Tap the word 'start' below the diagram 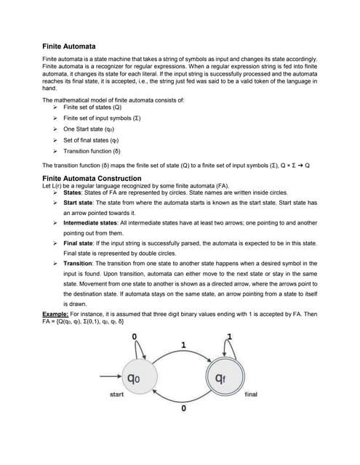(x=116, y=395)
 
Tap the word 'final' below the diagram (x=251, y=395)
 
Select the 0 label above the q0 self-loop (x=134, y=335)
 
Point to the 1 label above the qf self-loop (x=231, y=335)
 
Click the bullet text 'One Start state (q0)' (x=91, y=129)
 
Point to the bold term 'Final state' (x=80, y=245)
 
